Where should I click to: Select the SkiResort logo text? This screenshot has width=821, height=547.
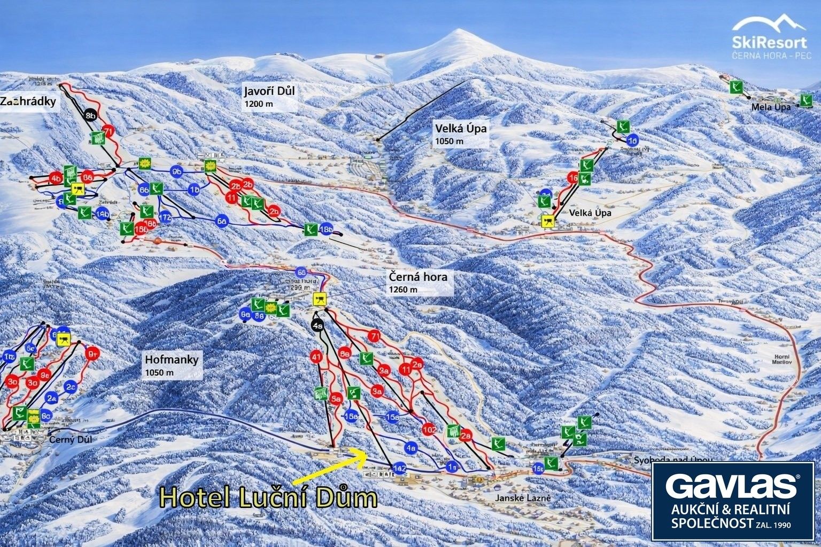(x=770, y=42)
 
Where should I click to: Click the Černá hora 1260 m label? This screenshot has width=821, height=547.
(x=418, y=277)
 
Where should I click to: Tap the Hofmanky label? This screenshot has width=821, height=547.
(x=171, y=360)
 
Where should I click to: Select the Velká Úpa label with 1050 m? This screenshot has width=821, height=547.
(x=454, y=128)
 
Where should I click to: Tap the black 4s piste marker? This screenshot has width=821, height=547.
(x=319, y=325)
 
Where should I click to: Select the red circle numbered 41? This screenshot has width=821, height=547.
(x=317, y=356)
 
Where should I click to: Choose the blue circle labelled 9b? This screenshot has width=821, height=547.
(x=177, y=171)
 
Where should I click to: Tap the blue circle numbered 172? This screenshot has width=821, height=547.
(x=165, y=217)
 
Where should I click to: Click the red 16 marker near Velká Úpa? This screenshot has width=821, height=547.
(x=574, y=178)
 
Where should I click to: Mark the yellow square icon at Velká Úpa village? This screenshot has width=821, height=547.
(x=547, y=221)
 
